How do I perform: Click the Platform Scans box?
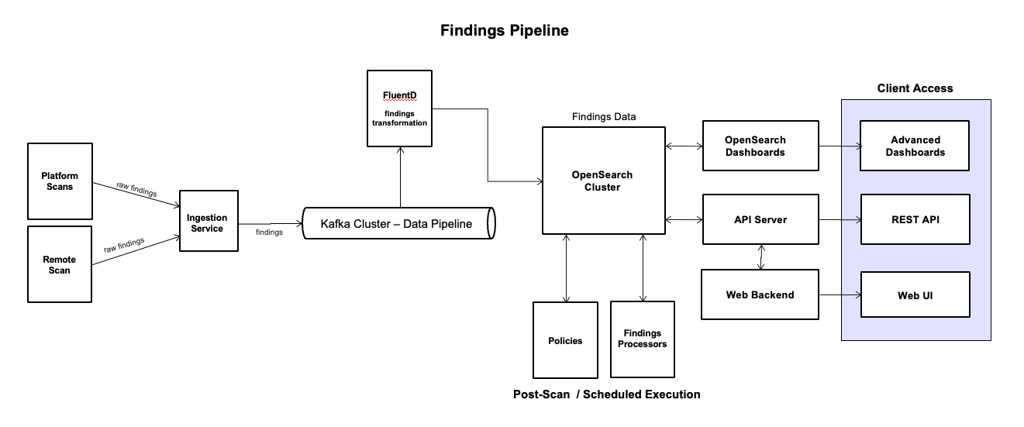pyautogui.click(x=60, y=181)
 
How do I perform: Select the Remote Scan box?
pyautogui.click(x=60, y=264)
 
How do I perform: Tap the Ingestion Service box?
pyautogui.click(x=209, y=221)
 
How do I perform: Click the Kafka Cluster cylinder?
pyautogui.click(x=398, y=223)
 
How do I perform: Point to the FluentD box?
pyautogui.click(x=399, y=108)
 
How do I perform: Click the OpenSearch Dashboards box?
pyautogui.click(x=760, y=146)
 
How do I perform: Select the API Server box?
pyautogui.click(x=760, y=219)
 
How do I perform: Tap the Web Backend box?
pyautogui.click(x=760, y=294)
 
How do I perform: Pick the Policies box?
pyautogui.click(x=565, y=340)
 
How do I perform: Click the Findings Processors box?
pyautogui.click(x=642, y=339)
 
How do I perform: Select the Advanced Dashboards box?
pyautogui.click(x=915, y=146)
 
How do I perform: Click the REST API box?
pyautogui.click(x=915, y=219)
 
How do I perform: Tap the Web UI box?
pyautogui.click(x=915, y=294)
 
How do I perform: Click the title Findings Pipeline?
pyautogui.click(x=505, y=31)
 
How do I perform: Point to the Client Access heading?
pyautogui.click(x=915, y=88)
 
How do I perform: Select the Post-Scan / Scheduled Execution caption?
pyautogui.click(x=606, y=394)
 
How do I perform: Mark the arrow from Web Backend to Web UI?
pyautogui.click(x=840, y=294)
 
